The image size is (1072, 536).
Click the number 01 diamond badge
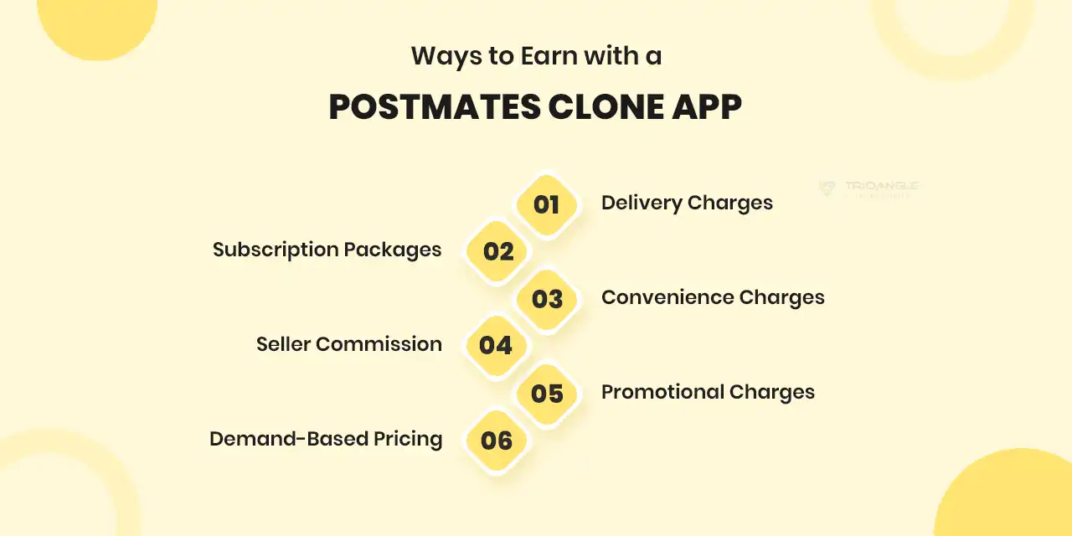[546, 204]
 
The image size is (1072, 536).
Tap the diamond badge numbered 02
[498, 251]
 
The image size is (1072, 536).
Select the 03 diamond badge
[546, 299]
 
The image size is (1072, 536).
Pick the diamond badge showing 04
[496, 345]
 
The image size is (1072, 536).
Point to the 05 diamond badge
[546, 393]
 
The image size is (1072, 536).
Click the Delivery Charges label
[687, 203]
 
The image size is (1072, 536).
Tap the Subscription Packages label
[327, 250]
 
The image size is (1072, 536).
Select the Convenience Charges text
[713, 297]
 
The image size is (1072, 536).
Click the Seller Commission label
[349, 344]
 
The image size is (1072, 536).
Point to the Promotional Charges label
[708, 392]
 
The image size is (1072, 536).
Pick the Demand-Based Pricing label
[326, 439]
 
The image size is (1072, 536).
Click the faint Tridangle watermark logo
[868, 188]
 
